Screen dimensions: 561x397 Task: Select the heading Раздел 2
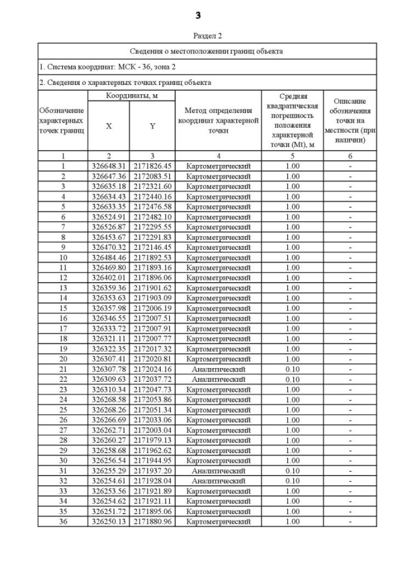tap(198, 35)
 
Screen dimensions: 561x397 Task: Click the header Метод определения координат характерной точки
tap(218, 121)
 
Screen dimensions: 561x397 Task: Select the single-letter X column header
tap(109, 126)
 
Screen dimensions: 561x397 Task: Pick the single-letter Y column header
tap(153, 126)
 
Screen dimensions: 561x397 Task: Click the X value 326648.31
tap(109, 166)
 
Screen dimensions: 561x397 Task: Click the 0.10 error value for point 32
tap(292, 480)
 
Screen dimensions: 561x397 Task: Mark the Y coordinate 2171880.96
tap(153, 521)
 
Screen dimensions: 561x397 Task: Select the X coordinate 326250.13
tap(109, 521)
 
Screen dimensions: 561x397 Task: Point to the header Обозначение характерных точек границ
tap(62, 121)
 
